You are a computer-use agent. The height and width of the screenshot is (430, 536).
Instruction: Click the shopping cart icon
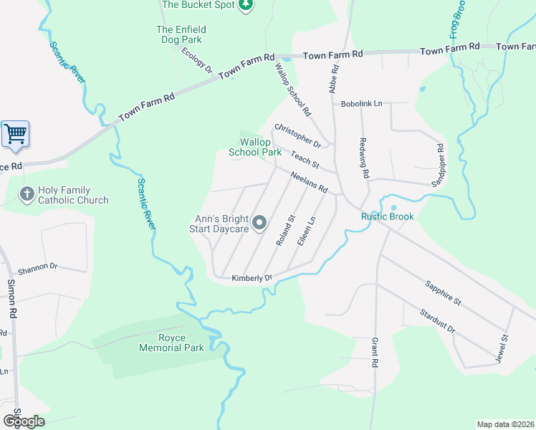(x=15, y=134)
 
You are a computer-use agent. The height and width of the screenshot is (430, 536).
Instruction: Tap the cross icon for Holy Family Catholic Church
(x=27, y=193)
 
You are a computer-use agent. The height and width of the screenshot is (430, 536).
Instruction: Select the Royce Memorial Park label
(x=171, y=343)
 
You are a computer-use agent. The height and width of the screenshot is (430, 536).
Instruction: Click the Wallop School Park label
(x=255, y=147)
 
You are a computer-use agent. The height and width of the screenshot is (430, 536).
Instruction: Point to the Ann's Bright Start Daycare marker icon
(x=259, y=224)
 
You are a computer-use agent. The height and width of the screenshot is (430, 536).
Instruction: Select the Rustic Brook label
(x=387, y=216)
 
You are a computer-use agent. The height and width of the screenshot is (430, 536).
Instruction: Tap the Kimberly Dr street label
(x=252, y=278)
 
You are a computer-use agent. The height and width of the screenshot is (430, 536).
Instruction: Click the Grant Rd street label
(x=374, y=353)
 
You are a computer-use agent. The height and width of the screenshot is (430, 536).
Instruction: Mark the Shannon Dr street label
(x=37, y=266)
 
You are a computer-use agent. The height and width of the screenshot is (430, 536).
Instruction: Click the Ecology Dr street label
(x=197, y=59)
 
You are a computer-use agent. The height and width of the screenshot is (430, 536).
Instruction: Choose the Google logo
(x=24, y=421)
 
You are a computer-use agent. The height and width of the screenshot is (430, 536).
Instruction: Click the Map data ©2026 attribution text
(x=505, y=424)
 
